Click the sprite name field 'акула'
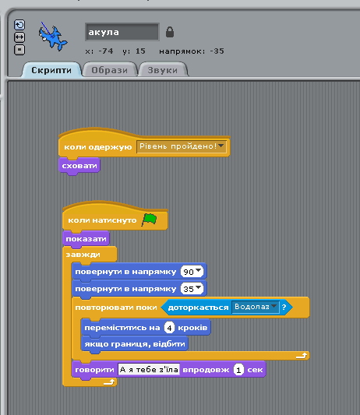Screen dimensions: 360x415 coord(122,32)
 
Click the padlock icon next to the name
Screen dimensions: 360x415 coord(170,32)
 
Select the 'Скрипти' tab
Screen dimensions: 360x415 coord(51,70)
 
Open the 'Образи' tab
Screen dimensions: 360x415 coord(109,70)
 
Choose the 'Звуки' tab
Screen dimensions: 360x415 coord(163,70)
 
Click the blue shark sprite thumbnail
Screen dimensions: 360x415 coord(53,37)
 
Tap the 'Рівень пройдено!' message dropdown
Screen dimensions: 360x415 coord(182,146)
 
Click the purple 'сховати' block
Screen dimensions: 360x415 coord(79,166)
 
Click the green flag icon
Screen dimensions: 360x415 coord(149,220)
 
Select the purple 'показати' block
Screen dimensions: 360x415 coord(86,239)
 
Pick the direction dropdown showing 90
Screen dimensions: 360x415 coord(192,272)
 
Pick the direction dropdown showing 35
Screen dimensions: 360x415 coord(192,289)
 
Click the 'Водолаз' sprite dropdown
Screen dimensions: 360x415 coord(256,307)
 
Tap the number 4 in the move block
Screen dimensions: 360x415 coord(169,328)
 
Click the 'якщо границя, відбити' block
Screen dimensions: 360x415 coord(135,344)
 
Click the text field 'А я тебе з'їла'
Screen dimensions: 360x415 coord(149,370)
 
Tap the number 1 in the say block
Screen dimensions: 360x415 coord(238,370)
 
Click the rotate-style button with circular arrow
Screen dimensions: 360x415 coord(19,25)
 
